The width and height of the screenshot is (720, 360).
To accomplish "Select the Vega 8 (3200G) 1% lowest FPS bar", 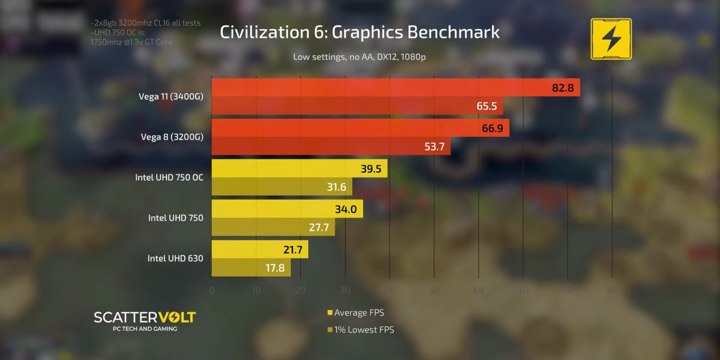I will coord(330,146).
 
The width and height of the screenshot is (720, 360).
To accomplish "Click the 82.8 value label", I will coord(563,88).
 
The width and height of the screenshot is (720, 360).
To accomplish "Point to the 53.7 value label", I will coord(434,146).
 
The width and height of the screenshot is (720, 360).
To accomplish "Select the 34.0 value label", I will coord(346,209).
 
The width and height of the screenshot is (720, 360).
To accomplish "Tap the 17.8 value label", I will coord(275,268).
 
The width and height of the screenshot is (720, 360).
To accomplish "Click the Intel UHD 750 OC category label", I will coord(169,178).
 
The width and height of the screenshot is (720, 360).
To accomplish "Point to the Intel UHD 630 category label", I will coord(175,259).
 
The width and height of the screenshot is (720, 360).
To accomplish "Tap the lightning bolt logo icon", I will coord(611,39).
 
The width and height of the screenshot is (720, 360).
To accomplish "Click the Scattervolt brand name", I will coord(144,317).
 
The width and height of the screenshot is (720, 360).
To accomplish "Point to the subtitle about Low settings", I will coord(359,57).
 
